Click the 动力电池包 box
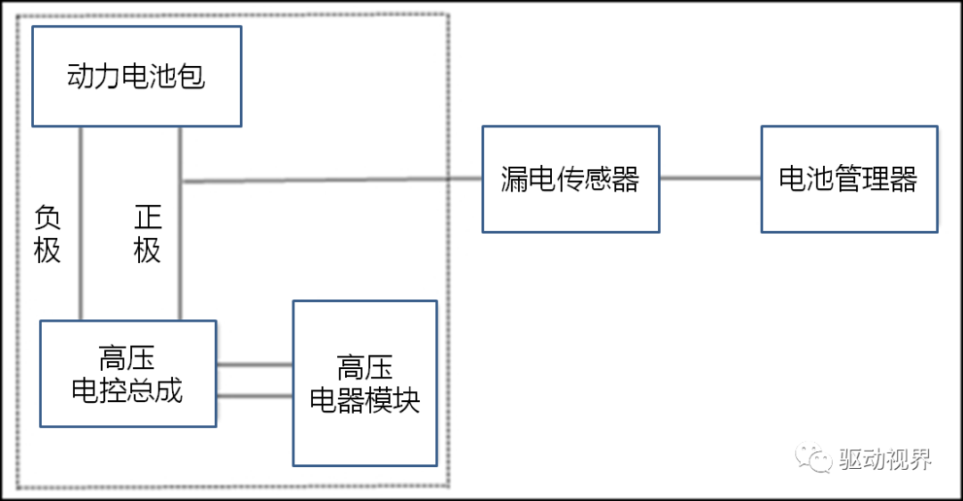click(x=136, y=76)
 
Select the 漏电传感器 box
click(x=571, y=179)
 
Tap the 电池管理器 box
click(x=849, y=179)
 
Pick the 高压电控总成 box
click(x=128, y=374)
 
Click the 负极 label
click(x=47, y=234)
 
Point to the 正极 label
click(x=147, y=234)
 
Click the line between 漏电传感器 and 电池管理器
click(x=710, y=178)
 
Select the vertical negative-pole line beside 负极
click(x=81, y=223)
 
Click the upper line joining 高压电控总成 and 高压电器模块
click(x=254, y=365)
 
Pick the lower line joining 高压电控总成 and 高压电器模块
click(x=254, y=395)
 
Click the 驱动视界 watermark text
click(x=885, y=459)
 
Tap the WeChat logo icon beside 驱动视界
click(x=813, y=458)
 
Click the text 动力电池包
click(x=136, y=77)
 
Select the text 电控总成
click(x=128, y=390)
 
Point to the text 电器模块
click(x=365, y=400)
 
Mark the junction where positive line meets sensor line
click(x=180, y=182)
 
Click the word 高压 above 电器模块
click(x=365, y=367)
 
